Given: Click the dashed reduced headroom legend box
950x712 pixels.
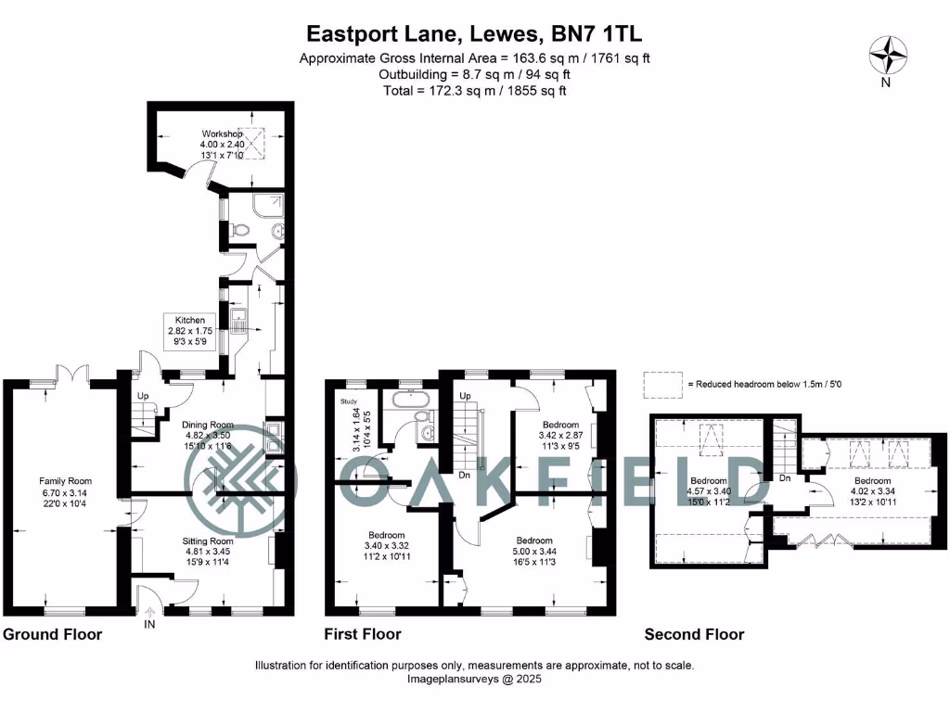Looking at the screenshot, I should [661, 384].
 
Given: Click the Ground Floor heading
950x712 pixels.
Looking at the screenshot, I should [52, 635].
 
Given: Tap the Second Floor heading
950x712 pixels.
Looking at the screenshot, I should [694, 635].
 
